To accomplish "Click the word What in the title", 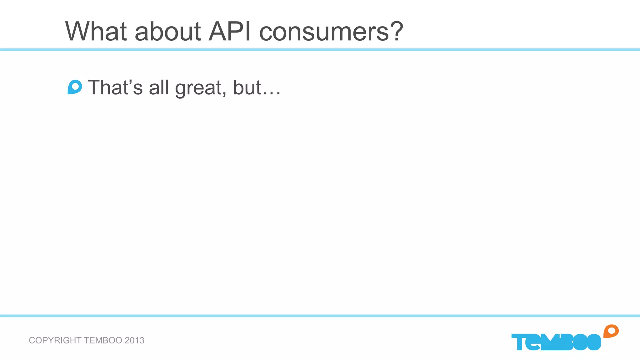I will pyautogui.click(x=96, y=31).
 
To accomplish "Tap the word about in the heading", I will pyautogui.click(x=167, y=31).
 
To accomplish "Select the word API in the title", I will pyautogui.click(x=230, y=31).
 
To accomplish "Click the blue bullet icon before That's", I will pyautogui.click(x=75, y=87).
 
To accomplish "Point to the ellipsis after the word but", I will pyautogui.click(x=271, y=93).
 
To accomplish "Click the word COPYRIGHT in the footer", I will pyautogui.click(x=55, y=340).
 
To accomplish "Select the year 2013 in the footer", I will pyautogui.click(x=134, y=340).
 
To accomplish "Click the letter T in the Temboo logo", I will pyautogui.click(x=519, y=342).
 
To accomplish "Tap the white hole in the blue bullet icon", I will pyautogui.click(x=75, y=86).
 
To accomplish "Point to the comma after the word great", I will pyautogui.click(x=224, y=94).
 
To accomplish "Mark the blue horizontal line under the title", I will pyautogui.click(x=320, y=50).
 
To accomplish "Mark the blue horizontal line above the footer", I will pyautogui.click(x=320, y=316).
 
